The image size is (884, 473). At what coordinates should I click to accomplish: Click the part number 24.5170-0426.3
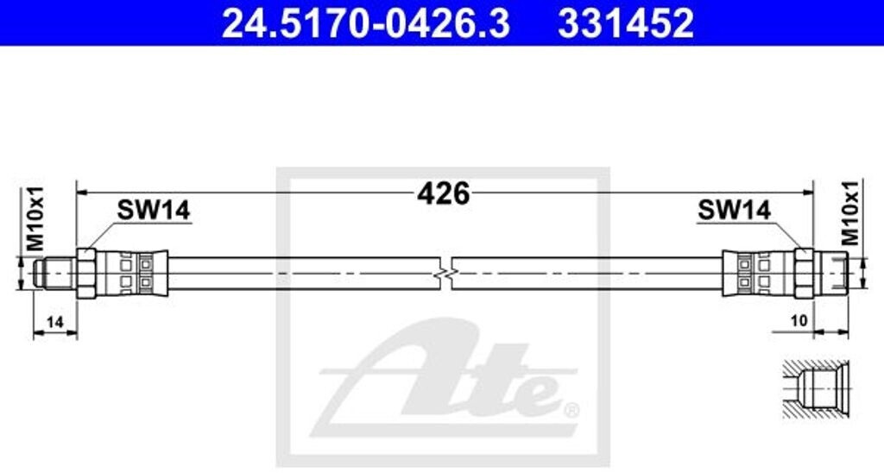point(365,23)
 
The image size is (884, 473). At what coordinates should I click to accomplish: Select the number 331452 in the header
point(626,23)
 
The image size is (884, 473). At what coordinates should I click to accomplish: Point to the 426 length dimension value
point(443,193)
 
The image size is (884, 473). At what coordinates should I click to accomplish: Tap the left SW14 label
point(153,210)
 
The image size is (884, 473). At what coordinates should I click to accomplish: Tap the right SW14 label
point(734,210)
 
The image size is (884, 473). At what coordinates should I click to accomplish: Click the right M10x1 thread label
point(850,212)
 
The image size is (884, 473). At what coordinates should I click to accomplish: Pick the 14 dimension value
point(54,322)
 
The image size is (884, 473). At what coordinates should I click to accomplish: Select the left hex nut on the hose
point(86,273)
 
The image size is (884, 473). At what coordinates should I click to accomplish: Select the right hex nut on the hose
point(803,273)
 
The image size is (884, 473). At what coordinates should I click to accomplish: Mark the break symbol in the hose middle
point(444,273)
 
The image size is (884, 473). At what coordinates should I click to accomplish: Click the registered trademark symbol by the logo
point(571,407)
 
